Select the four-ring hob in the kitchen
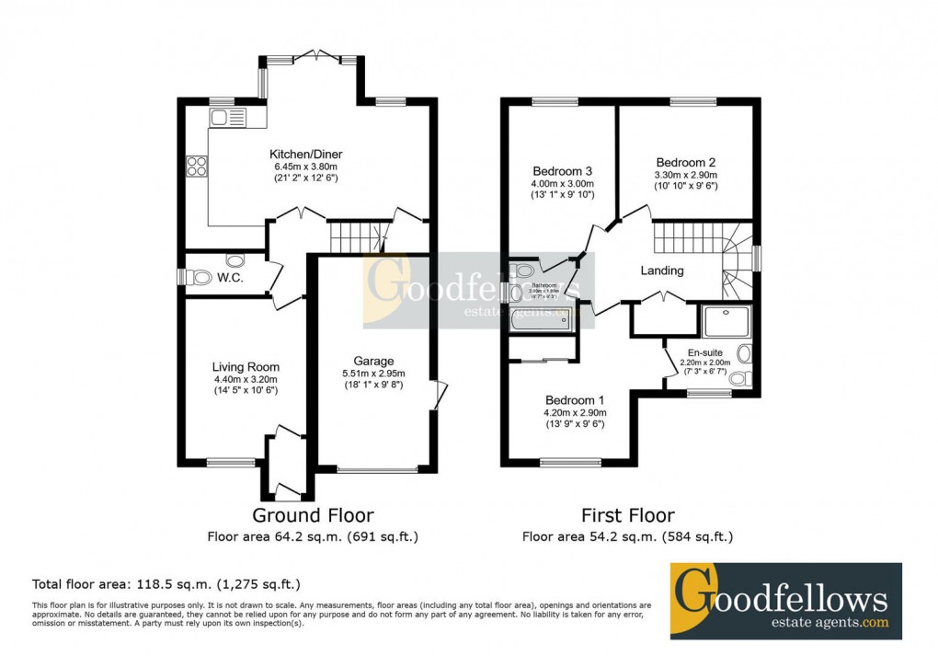(x=197, y=167)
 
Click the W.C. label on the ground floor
(x=230, y=277)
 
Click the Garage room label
(x=373, y=361)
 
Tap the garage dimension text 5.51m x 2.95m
(x=373, y=374)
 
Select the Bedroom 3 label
(x=562, y=171)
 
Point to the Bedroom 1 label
(x=575, y=400)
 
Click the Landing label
(x=662, y=270)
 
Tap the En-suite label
(x=705, y=351)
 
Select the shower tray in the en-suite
(x=726, y=323)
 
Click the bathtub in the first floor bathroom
(x=542, y=319)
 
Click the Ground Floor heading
(x=313, y=515)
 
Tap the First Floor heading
(x=627, y=515)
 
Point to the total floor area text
(x=166, y=583)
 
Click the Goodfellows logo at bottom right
(x=785, y=601)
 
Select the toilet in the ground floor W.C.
(x=198, y=276)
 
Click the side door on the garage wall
(x=438, y=394)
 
